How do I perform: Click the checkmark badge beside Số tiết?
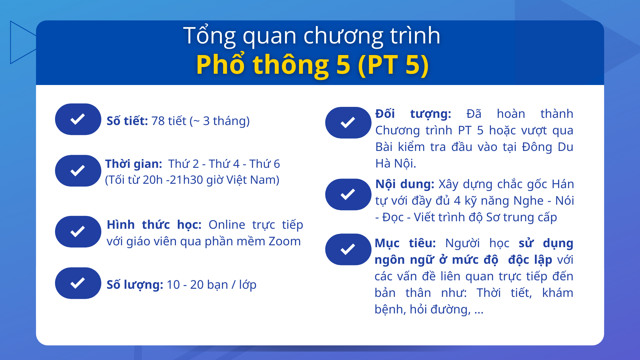(78, 119)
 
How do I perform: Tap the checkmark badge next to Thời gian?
(78, 171)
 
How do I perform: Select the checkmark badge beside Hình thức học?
(78, 232)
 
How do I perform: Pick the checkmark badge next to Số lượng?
(78, 283)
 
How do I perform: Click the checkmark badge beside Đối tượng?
(348, 122)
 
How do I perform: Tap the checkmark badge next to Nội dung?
(348, 194)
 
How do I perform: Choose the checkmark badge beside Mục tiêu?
(348, 249)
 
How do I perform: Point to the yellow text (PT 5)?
(393, 65)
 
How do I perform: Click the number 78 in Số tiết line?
(158, 121)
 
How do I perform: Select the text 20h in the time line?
(153, 180)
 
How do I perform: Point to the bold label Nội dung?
(405, 184)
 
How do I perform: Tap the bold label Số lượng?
(135, 285)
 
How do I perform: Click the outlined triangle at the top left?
(22, 42)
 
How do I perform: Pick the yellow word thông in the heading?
(291, 65)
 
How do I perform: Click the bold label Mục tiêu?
(405, 243)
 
